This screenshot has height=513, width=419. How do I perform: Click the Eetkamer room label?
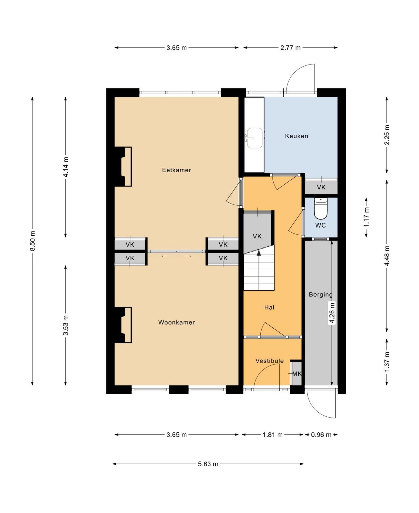pos(176,170)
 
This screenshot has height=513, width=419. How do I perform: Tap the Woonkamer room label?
pos(176,322)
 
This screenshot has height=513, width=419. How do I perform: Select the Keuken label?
pos(297,136)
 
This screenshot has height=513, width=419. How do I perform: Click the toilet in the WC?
pos(321,208)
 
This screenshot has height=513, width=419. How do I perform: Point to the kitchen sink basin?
pos(255,138)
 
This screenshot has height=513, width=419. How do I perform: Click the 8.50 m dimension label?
pos(32,241)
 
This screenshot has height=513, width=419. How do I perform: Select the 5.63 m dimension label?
pos(208,464)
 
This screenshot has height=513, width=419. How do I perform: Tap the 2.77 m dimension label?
pos(290,48)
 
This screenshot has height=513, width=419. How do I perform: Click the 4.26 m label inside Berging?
pos(332,313)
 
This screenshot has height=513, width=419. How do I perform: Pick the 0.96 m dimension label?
pos(321,435)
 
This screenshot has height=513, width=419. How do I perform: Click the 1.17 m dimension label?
pos(366,217)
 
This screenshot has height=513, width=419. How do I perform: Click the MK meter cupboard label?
pos(297,374)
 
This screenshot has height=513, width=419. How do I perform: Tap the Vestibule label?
pos(269,361)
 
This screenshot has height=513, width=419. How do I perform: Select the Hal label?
pos(269,307)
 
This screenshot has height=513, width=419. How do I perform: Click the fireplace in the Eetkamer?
pos(123,166)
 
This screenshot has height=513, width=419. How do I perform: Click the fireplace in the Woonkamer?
pos(123,325)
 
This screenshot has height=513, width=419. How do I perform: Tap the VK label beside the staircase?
pos(257,236)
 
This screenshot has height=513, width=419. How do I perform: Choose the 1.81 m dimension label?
pos(272,435)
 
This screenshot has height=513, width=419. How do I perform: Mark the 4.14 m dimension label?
pos(66,167)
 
